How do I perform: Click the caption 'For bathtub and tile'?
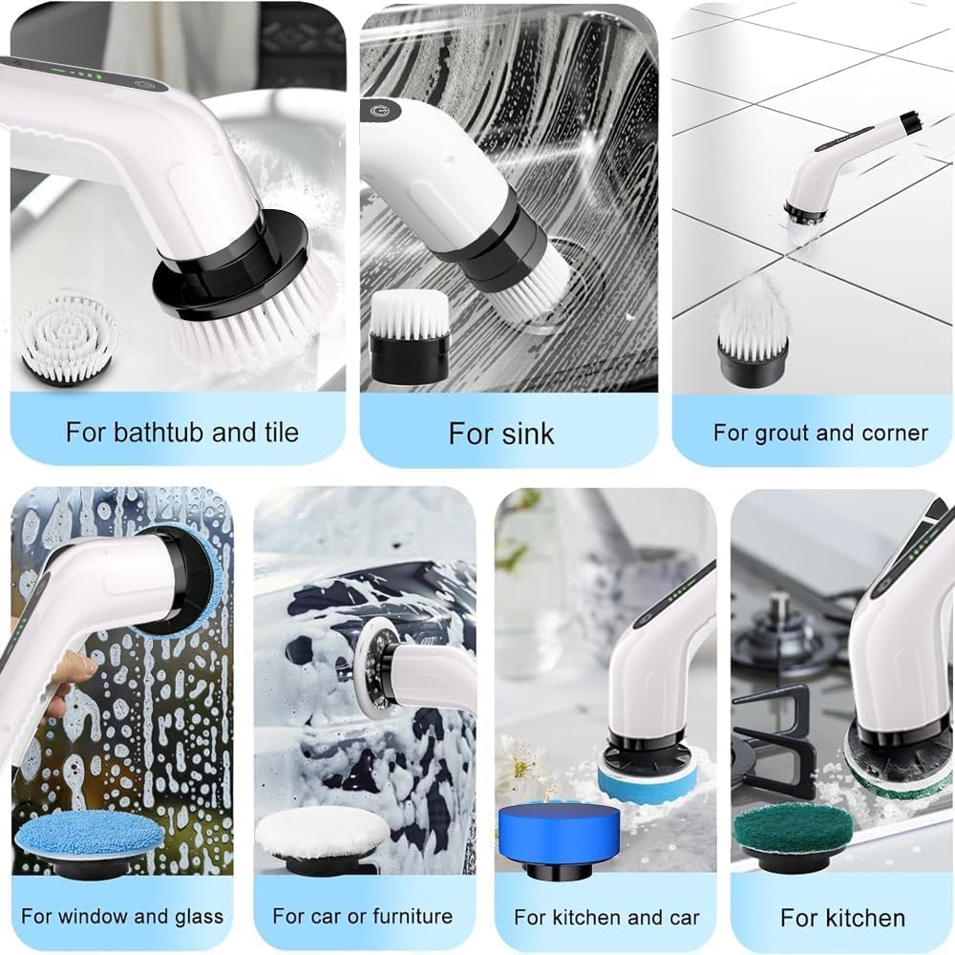[181, 432]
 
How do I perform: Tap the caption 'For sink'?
[501, 434]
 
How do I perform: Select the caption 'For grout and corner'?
[820, 433]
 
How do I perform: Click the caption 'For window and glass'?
[122, 917]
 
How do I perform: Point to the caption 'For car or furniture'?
[363, 917]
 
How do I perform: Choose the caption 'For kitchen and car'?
[606, 918]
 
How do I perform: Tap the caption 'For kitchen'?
[842, 918]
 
